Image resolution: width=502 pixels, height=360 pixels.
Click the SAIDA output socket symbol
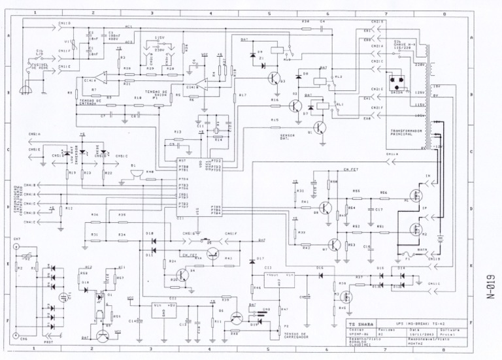(396, 84)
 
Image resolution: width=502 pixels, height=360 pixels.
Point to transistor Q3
(274, 78)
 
